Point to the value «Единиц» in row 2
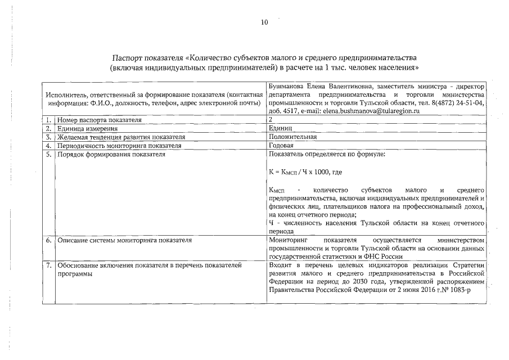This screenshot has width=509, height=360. click(x=281, y=129)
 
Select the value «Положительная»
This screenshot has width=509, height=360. click(x=293, y=137)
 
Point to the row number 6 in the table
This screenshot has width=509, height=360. click(x=49, y=240)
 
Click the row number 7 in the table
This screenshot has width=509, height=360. click(x=49, y=264)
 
